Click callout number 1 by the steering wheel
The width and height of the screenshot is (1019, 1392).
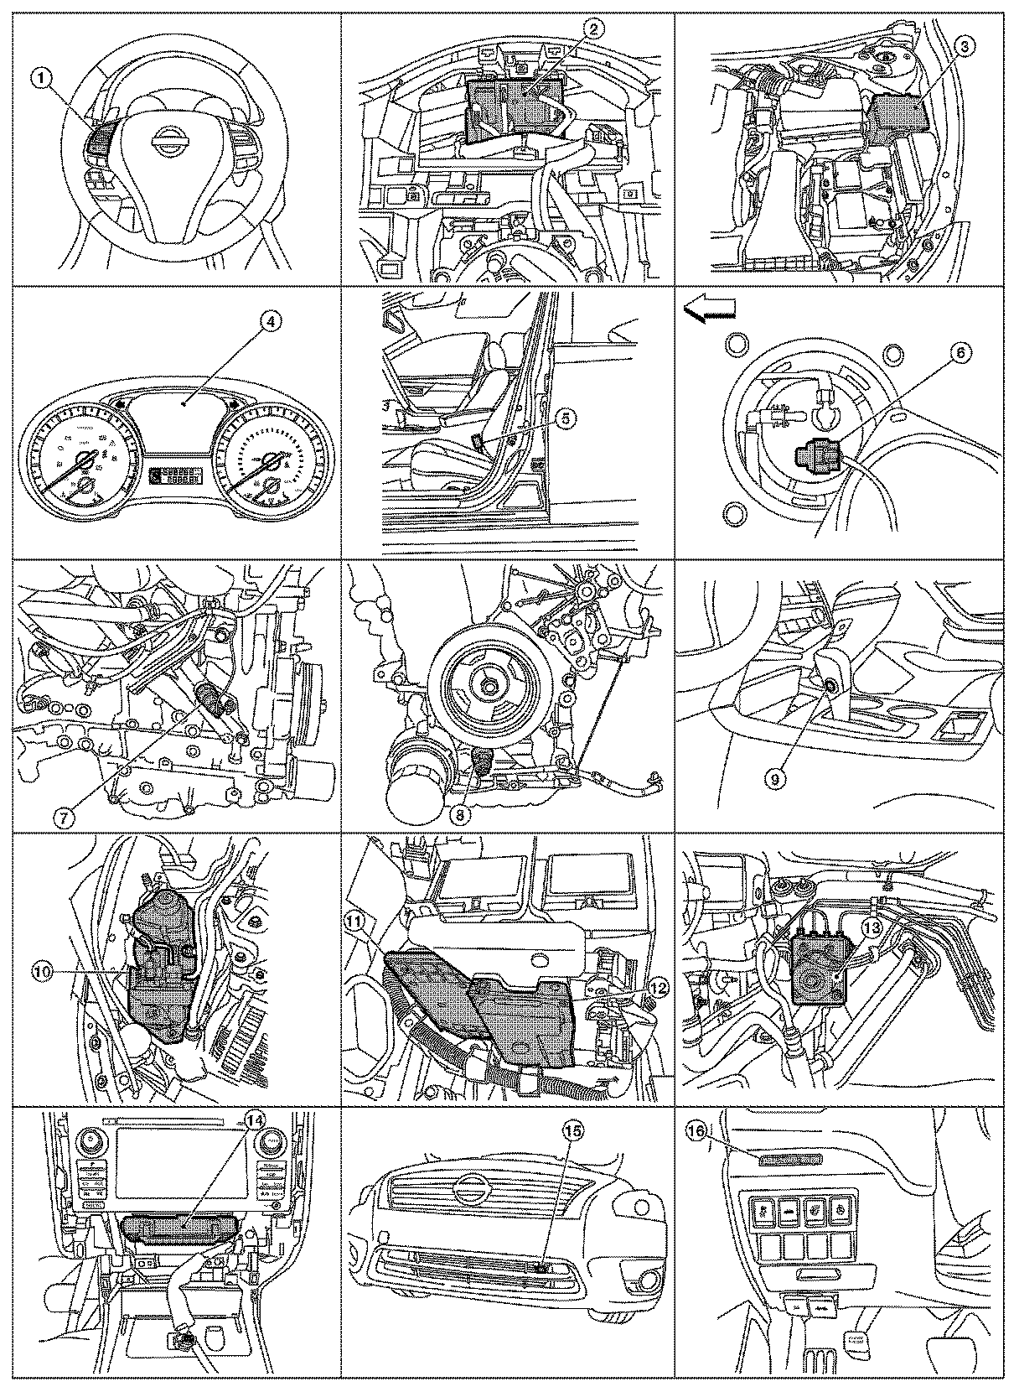point(43,80)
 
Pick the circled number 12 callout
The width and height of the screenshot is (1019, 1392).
point(657,988)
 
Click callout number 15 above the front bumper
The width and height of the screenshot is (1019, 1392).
point(572,1130)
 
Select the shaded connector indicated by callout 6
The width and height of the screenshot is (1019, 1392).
point(815,458)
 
